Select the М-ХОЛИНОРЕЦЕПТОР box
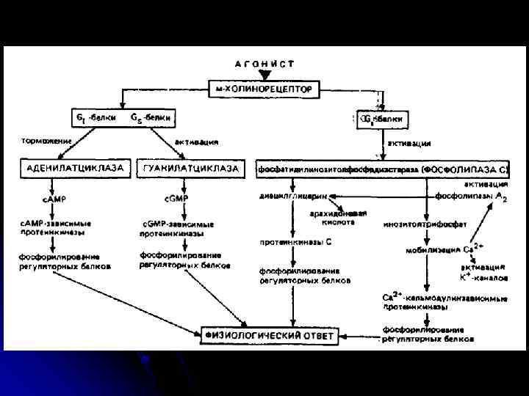264,89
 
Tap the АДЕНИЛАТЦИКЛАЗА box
75,169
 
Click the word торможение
46,141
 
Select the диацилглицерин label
293,197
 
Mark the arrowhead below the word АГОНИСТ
264,74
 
